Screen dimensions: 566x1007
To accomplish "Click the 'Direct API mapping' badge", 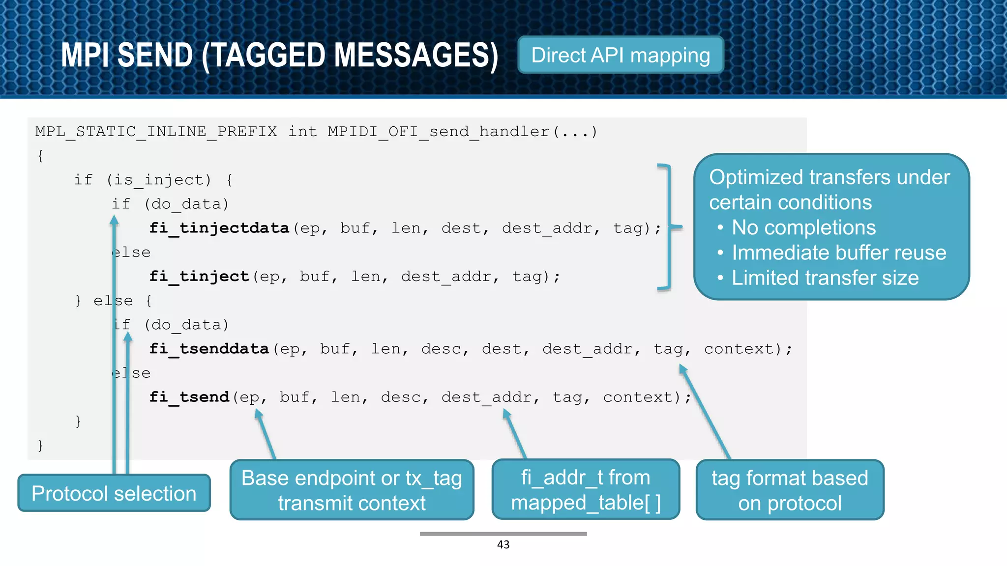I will pos(621,55).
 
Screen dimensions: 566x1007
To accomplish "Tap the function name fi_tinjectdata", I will pos(219,228).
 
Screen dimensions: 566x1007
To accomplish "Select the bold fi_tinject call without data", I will pos(199,276).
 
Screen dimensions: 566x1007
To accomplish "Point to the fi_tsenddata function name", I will pos(209,349).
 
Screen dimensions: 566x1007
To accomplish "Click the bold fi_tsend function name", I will pos(189,397).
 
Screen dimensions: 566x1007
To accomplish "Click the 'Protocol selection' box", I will pos(114,493).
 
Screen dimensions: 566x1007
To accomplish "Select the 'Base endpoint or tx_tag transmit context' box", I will pos(352,490).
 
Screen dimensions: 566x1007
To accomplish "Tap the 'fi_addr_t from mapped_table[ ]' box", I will pos(586,490).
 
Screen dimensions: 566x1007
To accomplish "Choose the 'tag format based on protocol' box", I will pos(790,490).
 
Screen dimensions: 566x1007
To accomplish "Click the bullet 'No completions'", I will pos(803,227).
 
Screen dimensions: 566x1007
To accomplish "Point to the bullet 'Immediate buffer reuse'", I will pos(838,253).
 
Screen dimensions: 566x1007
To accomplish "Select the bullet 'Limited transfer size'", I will pos(825,278).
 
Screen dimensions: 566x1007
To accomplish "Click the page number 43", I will pos(503,544).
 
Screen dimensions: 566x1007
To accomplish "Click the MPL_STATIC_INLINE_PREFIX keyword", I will pos(156,132).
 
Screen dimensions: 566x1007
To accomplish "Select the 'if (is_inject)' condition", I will pos(143,180).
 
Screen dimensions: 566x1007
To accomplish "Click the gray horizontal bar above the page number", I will pos(503,534).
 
